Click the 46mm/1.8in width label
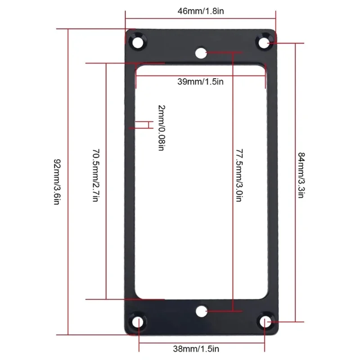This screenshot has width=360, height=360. tap(200, 11)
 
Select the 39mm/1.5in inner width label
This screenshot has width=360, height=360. tap(200, 81)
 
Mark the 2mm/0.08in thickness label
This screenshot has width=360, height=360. tap(161, 127)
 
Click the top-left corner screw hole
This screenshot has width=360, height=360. tap(137, 41)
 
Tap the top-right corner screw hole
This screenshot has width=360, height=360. tap(264, 42)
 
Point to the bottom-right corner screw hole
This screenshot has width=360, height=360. tap(266, 322)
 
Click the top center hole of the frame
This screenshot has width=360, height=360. tap(200, 53)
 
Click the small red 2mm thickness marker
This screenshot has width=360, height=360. tap(144, 125)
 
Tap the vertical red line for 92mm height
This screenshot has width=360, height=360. tap(68, 182)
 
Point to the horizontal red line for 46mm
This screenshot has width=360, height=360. tap(200, 19)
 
